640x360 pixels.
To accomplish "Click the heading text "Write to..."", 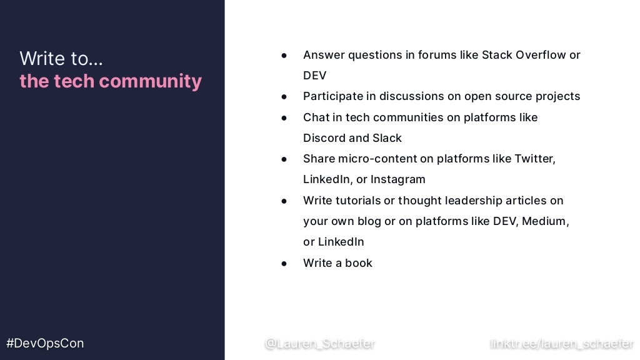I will click(x=61, y=59).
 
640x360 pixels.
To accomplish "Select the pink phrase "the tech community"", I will click(x=111, y=81).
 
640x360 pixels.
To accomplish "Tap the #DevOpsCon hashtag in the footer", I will click(x=45, y=343).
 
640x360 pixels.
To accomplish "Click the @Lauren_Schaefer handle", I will click(x=319, y=343).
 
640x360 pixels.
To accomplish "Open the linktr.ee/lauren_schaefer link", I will click(x=561, y=343).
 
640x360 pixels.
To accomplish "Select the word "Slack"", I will click(x=387, y=138).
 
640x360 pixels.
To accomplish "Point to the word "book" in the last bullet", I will click(x=359, y=263).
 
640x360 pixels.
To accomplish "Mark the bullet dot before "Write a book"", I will click(x=284, y=263).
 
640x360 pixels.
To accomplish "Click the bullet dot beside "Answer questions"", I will click(x=284, y=55).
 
